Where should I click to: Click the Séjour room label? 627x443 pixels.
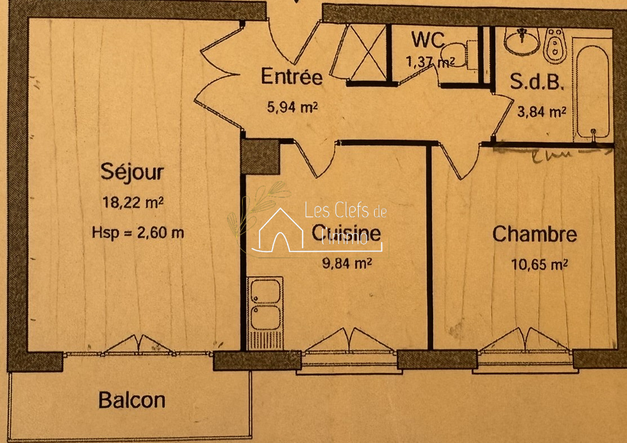pos(132,172)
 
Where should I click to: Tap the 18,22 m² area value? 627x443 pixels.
pos(133,202)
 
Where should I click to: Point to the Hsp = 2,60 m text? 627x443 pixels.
pos(137,233)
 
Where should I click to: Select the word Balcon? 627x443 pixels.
pos(132,400)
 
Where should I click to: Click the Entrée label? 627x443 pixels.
pos(291,77)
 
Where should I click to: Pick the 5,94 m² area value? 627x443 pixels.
pos(292,107)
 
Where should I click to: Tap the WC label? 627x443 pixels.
pos(428,39)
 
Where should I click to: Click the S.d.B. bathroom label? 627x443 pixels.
pos(537,82)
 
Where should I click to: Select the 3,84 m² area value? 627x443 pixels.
pos(541,112)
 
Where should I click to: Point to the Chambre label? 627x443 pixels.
pos(535,234)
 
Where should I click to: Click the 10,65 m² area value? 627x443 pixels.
pos(540,264)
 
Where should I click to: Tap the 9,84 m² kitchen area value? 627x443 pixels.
pos(347,263)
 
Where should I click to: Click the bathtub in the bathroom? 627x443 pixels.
pos(592,90)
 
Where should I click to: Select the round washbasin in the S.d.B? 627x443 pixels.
pos(522,41)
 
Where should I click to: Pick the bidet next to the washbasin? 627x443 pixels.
pos(555,45)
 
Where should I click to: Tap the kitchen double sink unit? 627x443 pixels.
pos(265,313)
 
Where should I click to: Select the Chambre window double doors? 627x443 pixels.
pos(524,340)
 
